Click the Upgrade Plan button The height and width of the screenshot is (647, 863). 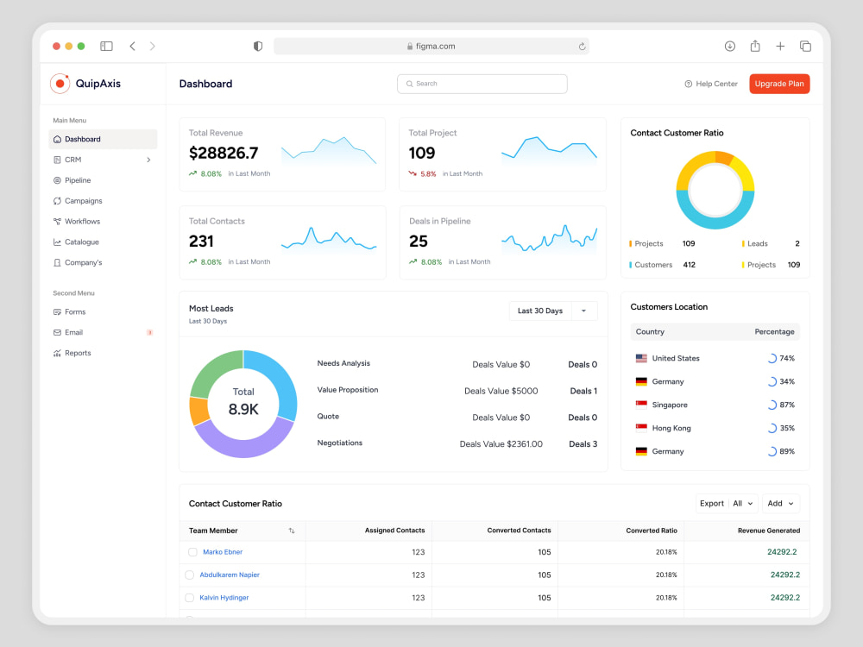[778, 84]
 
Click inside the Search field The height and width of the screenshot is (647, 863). [482, 84]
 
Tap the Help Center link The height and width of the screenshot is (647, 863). [710, 84]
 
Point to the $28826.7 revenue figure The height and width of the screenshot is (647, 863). [224, 153]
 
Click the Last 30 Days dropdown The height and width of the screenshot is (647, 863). [553, 311]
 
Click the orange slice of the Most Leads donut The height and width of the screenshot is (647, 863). [198, 411]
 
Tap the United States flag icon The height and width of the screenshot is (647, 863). [641, 358]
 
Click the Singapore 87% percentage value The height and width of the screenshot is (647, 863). [787, 405]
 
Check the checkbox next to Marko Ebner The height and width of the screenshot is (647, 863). [192, 552]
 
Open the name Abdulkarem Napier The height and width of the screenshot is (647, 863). [230, 575]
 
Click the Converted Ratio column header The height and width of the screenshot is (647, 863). [651, 531]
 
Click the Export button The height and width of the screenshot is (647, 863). [712, 504]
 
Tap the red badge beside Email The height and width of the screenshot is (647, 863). [149, 332]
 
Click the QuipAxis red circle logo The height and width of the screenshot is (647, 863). [60, 84]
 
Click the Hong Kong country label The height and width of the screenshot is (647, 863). [671, 428]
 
